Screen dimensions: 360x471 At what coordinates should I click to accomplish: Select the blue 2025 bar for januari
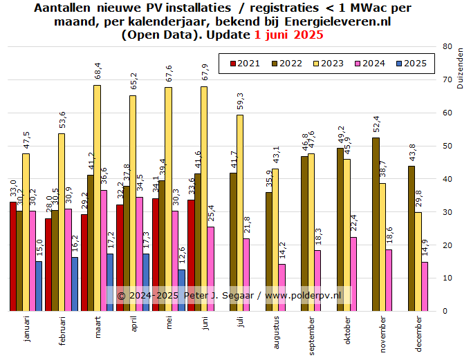[39, 286]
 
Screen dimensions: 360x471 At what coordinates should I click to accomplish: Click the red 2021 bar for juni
[191, 255]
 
